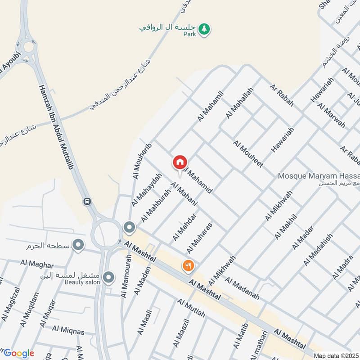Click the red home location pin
[x=180, y=162]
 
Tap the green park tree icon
[x=205, y=29]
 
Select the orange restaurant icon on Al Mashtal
[x=188, y=266]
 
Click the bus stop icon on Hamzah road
[x=87, y=202]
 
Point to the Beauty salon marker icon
[x=108, y=278]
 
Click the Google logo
[x=18, y=353]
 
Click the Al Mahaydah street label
[x=145, y=190]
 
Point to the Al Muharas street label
[x=199, y=237]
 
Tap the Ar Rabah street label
[x=282, y=94]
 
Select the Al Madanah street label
[x=243, y=288]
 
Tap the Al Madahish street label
[x=318, y=250]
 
